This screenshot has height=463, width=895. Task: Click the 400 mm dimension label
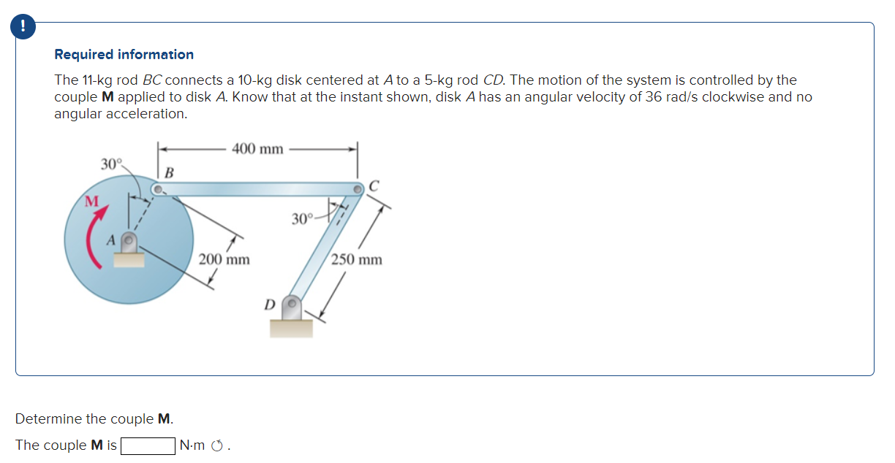257,149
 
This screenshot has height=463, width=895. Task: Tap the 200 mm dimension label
224,259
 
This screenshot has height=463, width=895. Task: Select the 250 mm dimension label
357,260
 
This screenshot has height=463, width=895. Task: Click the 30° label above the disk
112,163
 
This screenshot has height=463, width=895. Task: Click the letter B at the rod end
169,173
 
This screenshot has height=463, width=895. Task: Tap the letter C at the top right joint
374,185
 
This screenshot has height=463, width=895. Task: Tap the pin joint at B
157,190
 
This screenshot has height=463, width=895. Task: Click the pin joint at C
358,189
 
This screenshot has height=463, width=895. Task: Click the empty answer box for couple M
148,445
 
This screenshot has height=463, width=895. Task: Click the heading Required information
124,55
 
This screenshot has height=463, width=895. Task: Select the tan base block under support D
291,328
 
